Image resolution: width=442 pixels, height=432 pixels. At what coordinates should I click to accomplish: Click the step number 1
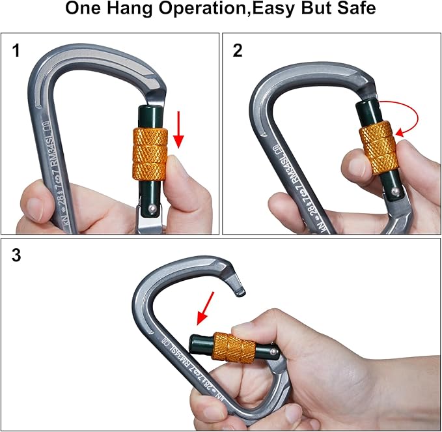click(17, 50)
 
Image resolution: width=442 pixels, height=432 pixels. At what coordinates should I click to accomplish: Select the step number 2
click(238, 50)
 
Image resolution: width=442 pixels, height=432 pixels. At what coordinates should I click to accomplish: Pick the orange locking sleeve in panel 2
click(376, 147)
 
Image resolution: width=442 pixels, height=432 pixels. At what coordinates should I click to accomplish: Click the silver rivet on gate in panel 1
click(151, 208)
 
